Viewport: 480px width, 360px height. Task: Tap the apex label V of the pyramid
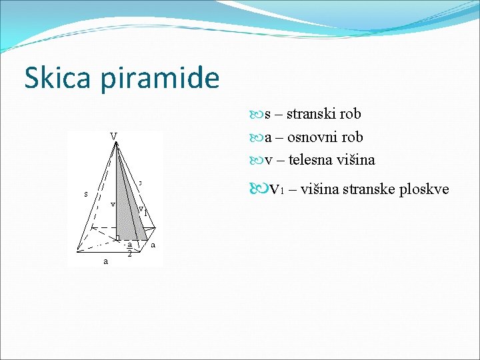pos(114,137)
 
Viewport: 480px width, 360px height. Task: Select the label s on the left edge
pos(86,194)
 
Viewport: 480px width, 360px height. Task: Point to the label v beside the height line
pos(113,203)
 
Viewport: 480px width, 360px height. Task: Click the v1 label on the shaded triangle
pos(142,210)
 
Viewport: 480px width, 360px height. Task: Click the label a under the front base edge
pos(105,261)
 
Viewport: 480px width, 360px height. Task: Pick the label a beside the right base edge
pos(153,245)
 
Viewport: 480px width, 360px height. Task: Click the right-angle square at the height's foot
pos(119,237)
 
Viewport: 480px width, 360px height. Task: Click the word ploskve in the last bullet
pos(426,190)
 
